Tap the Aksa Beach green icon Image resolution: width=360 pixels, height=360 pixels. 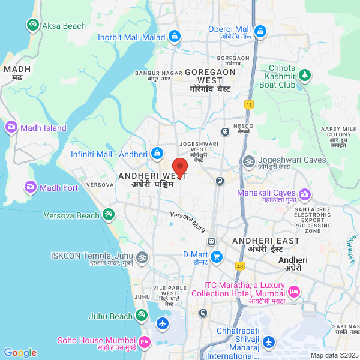[32, 25]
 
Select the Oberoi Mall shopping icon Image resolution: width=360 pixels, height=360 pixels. [260, 31]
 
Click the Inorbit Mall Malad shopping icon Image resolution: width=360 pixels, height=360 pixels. [174, 37]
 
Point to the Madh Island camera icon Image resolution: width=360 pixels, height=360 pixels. [11, 127]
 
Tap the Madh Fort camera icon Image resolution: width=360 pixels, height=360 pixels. [30, 188]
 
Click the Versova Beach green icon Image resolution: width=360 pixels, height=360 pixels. [109, 214]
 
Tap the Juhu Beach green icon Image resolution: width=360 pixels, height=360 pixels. [141, 314]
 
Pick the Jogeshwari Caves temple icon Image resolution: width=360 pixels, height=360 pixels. [248, 160]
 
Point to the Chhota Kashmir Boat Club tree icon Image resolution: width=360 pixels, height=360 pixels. [305, 74]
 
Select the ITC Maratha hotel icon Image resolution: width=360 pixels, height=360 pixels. [293, 292]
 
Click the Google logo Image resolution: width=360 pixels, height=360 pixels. [20, 353]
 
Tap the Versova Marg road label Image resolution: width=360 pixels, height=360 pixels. [188, 221]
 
